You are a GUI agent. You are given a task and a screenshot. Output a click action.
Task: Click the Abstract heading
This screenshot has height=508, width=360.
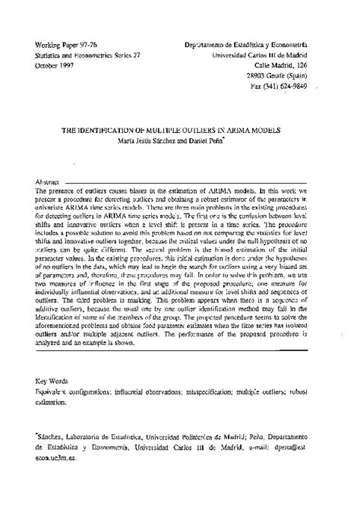49,183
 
